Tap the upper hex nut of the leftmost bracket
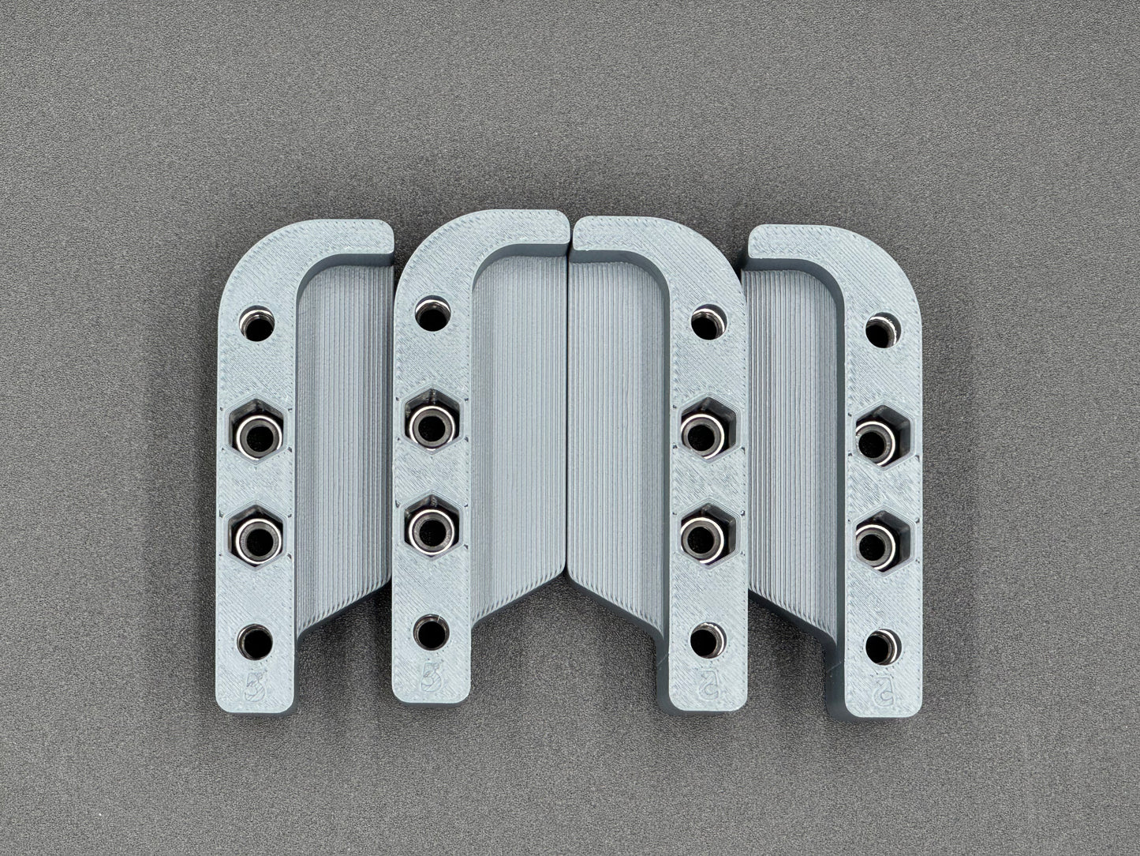click(259, 432)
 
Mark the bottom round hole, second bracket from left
click(430, 633)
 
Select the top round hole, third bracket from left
click(708, 323)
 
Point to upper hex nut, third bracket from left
click(706, 431)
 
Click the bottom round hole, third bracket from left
click(706, 641)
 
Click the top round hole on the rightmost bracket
click(883, 331)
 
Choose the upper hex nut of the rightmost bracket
click(881, 437)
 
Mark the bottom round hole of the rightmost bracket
click(881, 648)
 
